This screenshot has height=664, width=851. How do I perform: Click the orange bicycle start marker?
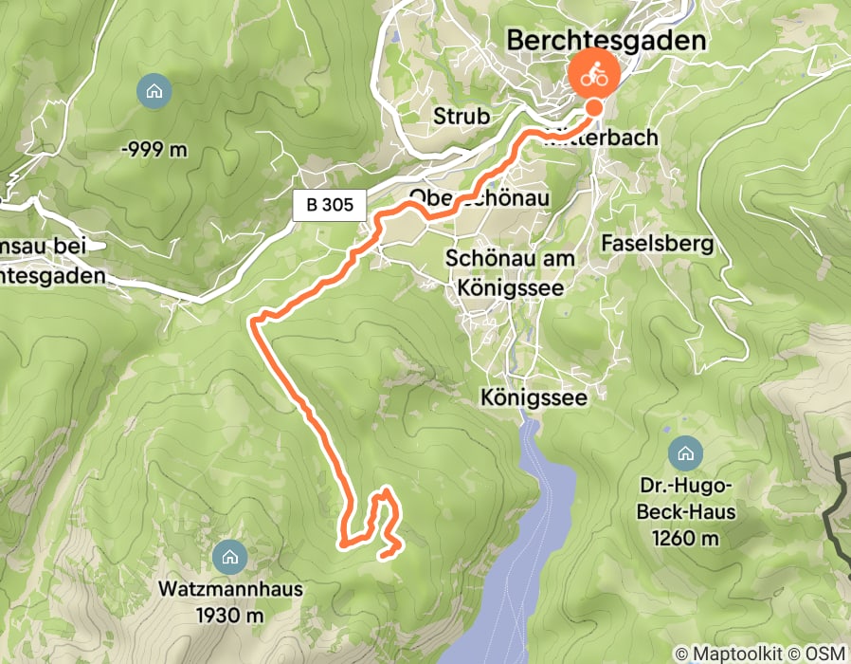coord(594,74)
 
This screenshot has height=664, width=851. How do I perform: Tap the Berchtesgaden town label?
coord(607,40)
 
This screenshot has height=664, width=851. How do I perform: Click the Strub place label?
coord(462,117)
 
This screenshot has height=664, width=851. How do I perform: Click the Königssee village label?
coord(534,397)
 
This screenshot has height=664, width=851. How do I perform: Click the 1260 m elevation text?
coord(684,539)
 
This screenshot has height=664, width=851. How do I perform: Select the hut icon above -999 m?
coord(154,92)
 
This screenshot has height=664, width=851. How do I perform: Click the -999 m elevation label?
coord(154,149)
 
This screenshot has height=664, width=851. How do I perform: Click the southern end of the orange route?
coord(382,555)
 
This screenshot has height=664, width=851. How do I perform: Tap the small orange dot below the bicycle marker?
coord(594,108)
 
